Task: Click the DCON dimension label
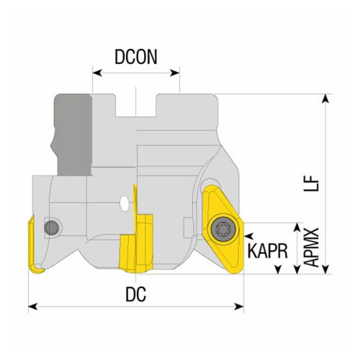point(135,57)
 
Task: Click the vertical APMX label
point(311,249)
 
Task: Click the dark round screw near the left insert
point(51,228)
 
